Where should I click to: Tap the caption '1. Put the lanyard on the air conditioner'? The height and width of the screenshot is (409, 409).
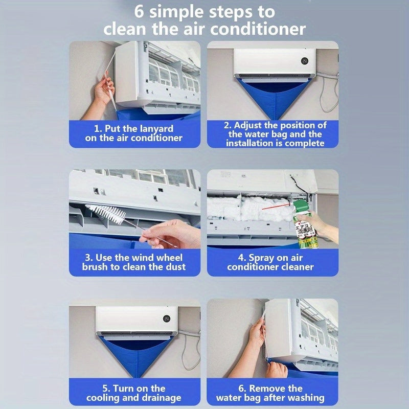click(x=134, y=133)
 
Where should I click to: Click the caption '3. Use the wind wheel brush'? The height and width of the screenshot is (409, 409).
click(x=134, y=262)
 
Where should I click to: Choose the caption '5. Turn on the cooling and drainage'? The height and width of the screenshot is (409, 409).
click(x=134, y=392)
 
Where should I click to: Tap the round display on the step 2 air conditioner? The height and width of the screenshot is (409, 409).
click(x=305, y=60)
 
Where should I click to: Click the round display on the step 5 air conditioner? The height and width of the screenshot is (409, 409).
click(x=167, y=319)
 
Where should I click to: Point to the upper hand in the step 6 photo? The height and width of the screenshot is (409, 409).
click(x=256, y=332)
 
